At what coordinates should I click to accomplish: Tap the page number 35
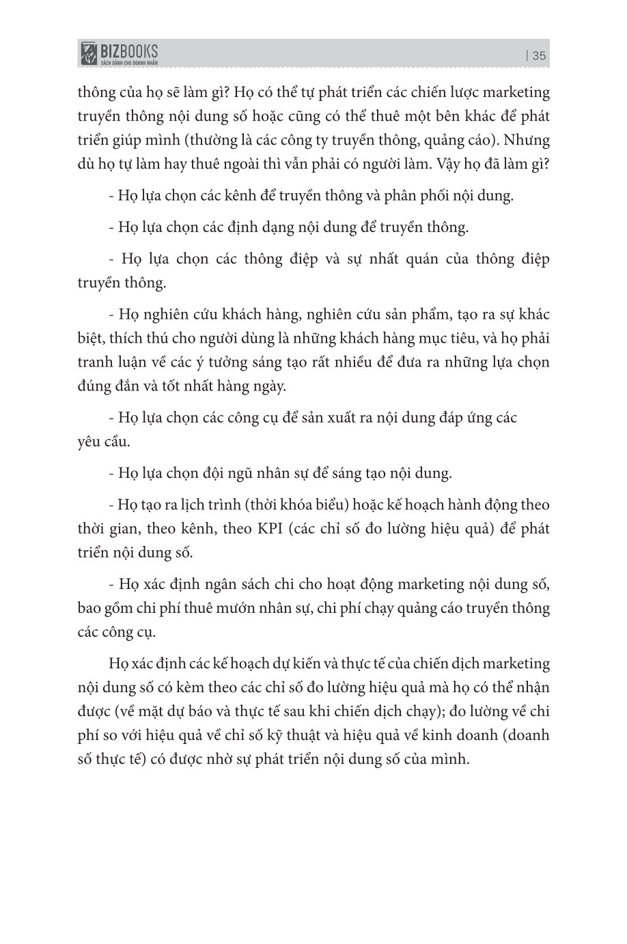point(539,57)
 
